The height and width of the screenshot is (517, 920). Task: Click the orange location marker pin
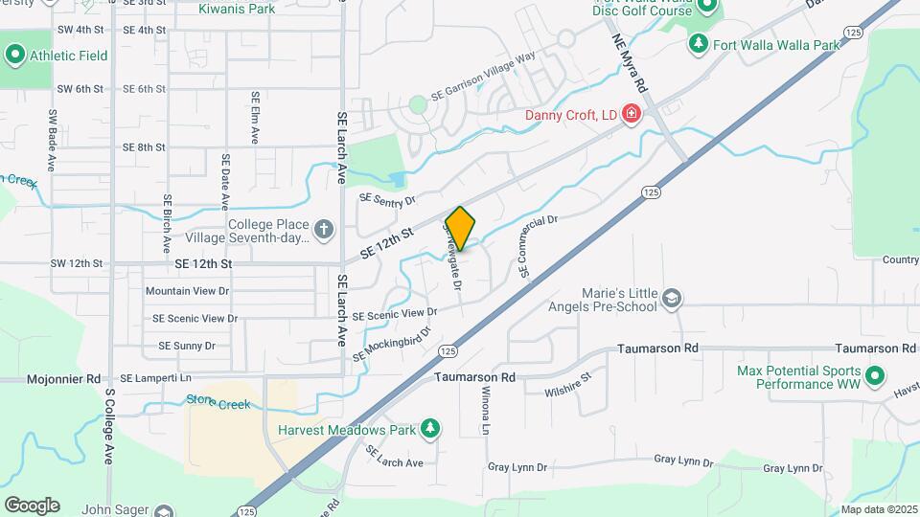click(460, 229)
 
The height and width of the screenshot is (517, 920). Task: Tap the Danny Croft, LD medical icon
click(632, 116)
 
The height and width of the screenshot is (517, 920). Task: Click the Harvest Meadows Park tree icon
click(431, 429)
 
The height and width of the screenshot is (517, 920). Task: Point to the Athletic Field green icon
click(14, 56)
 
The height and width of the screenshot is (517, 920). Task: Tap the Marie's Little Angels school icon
click(672, 300)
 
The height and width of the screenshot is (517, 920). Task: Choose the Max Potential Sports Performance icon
click(874, 376)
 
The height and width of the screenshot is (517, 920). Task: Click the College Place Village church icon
click(324, 230)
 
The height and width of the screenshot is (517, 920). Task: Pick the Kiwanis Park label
click(236, 10)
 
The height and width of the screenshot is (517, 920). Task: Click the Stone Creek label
click(218, 403)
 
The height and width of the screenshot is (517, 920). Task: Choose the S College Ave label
click(110, 426)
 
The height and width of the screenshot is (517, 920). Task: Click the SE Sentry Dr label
click(387, 199)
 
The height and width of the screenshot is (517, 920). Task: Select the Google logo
click(32, 506)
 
